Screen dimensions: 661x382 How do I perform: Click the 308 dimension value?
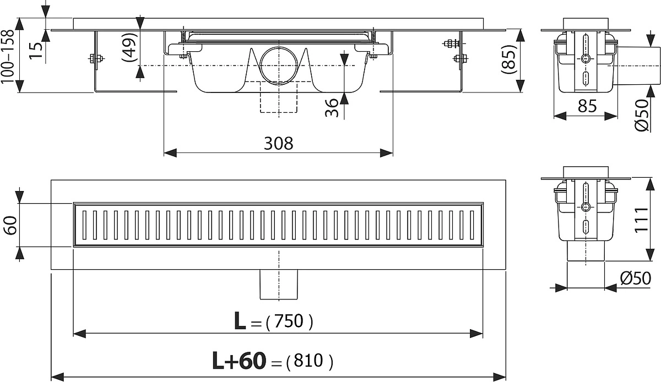pyautogui.click(x=278, y=144)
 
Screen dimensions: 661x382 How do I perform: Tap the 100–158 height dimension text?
pyautogui.click(x=7, y=56)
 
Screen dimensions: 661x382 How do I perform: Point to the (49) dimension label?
pyautogui.click(x=129, y=47)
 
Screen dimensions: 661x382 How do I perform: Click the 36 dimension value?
pyautogui.click(x=332, y=108)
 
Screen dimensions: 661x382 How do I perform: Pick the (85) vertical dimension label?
pyautogui.click(x=510, y=59)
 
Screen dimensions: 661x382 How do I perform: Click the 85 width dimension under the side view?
pyautogui.click(x=587, y=106)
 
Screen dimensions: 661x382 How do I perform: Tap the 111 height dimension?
pyautogui.click(x=642, y=220)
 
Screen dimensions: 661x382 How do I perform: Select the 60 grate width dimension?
pyautogui.click(x=11, y=225)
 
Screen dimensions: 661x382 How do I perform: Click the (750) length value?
pyautogui.click(x=289, y=321)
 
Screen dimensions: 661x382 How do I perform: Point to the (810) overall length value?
pyautogui.click(x=310, y=361)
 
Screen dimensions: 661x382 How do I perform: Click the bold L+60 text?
pyautogui.click(x=239, y=361)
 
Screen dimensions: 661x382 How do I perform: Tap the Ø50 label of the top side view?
pyautogui.click(x=642, y=115)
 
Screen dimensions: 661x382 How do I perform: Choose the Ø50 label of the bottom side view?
pyautogui.click(x=635, y=278)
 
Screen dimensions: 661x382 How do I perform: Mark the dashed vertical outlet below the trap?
pyautogui.click(x=279, y=97)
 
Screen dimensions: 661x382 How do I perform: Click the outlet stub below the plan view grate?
pyautogui.click(x=279, y=285)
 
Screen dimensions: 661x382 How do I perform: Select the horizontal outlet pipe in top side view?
pyautogui.click(x=637, y=66)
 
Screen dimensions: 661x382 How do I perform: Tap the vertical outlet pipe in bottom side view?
pyautogui.click(x=586, y=251)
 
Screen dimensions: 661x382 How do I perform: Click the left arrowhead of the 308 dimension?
pyautogui.click(x=170, y=153)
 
